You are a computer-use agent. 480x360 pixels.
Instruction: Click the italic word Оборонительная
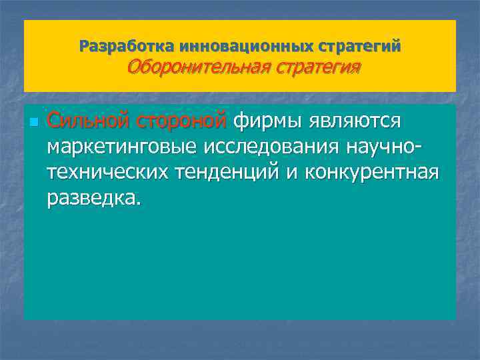[191, 67]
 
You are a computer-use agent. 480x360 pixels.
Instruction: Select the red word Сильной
[88, 121]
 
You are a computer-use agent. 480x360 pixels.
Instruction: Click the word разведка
[91, 198]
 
